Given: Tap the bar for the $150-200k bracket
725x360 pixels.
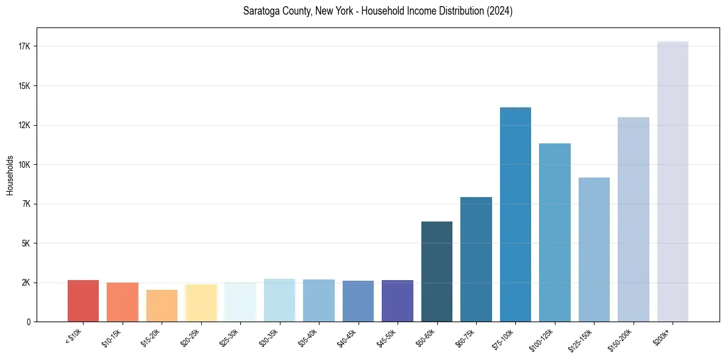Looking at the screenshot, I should pos(633,220).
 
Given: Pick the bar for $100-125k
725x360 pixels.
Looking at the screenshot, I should pos(555,232).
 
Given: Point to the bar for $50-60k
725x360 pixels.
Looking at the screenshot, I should pos(437,272).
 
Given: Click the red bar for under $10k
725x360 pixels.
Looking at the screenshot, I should pos(83,301).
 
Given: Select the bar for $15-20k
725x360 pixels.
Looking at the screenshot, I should pos(162,306).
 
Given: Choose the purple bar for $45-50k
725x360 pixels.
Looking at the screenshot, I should pos(397,301).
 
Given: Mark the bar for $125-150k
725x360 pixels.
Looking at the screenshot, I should pos(594,250).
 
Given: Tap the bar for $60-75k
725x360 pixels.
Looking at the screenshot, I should pos(476,259).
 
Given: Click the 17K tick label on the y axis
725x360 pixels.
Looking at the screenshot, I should pos(25,46).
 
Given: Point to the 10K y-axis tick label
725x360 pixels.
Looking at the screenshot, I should pos(25,165).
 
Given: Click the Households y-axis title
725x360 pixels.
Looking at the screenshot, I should pos(10,175).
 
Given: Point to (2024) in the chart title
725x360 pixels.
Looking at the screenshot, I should pos(498,12).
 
